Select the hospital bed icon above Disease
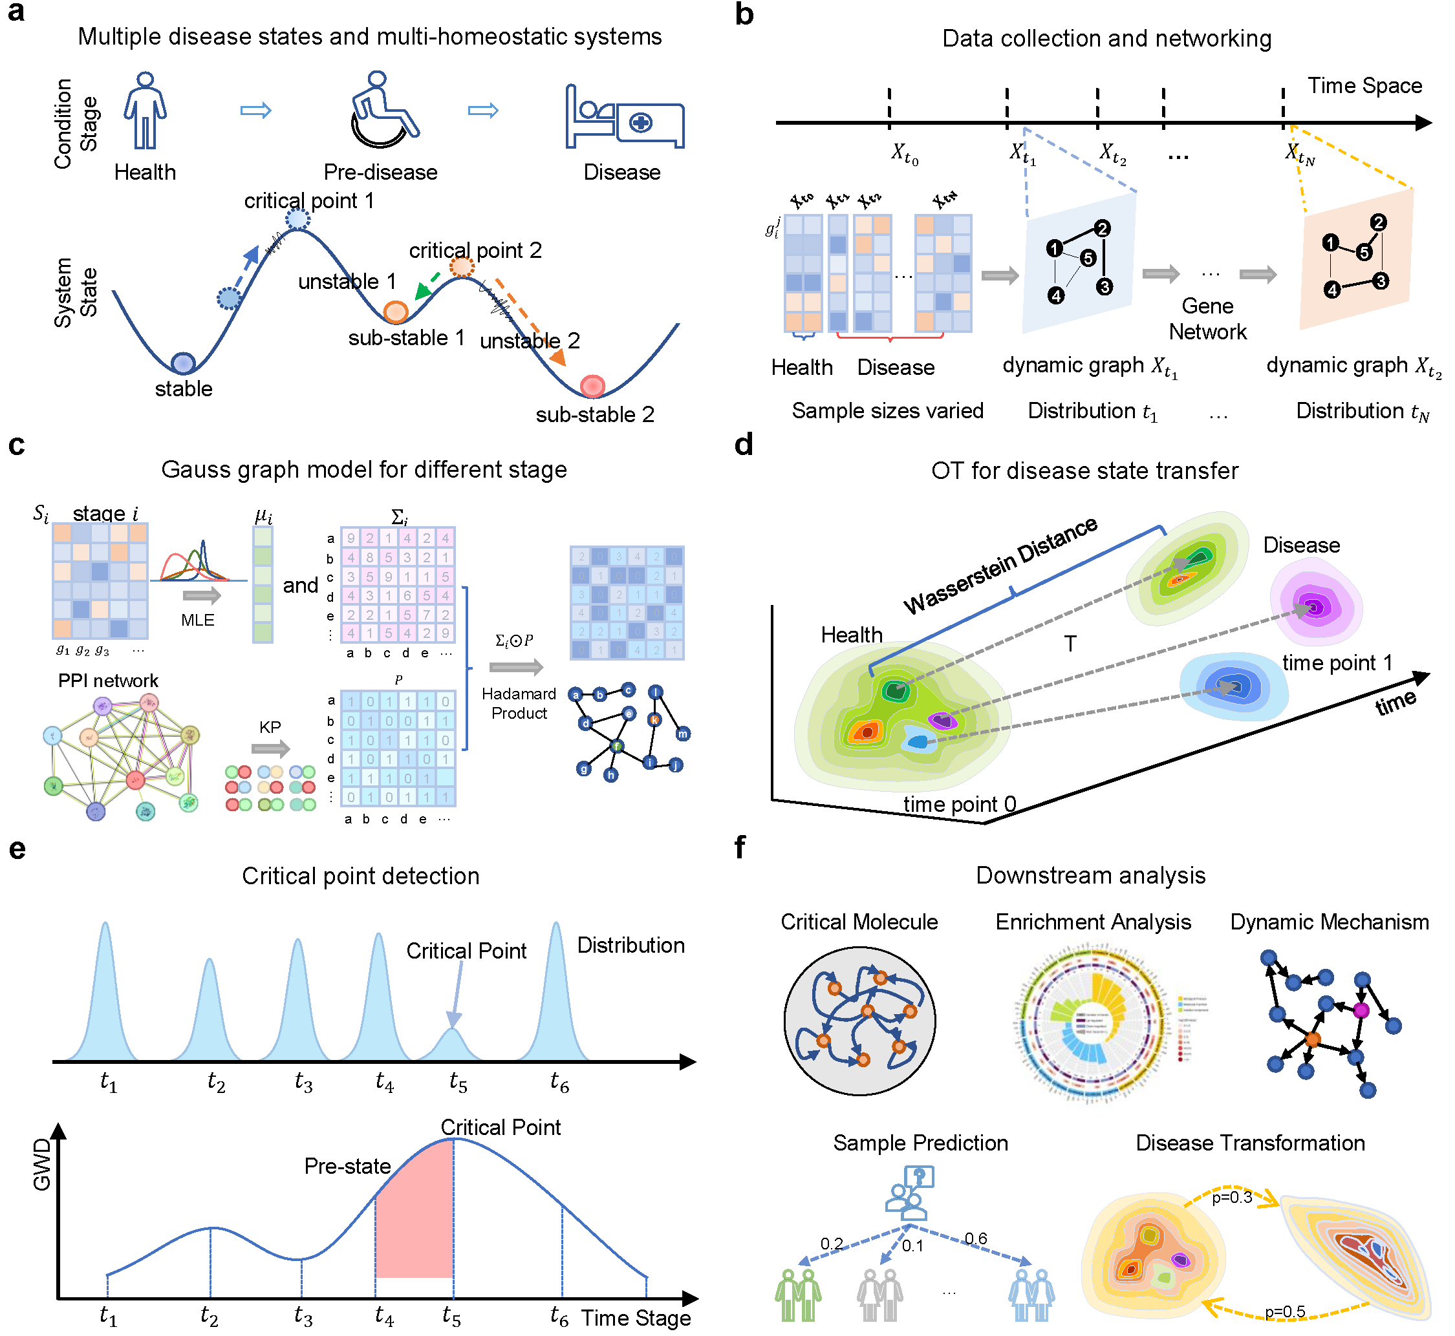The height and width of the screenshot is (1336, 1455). tap(624, 117)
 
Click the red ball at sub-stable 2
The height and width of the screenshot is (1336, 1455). tap(593, 386)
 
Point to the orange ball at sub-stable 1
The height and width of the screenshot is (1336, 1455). tap(396, 312)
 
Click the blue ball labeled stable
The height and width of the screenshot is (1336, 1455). tap(184, 363)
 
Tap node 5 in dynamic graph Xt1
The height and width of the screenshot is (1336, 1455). tap(1088, 258)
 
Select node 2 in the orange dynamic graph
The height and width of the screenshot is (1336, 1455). tap(1378, 222)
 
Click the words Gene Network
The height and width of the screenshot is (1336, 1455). tap(1208, 319)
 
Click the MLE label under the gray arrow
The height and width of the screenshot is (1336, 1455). tap(197, 620)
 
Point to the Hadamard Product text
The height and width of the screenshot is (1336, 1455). tap(519, 703)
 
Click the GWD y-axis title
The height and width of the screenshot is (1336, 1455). tap(42, 1164)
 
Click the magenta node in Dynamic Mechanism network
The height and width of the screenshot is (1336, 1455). tap(1361, 1011)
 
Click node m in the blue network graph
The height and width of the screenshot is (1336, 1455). tap(683, 734)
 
